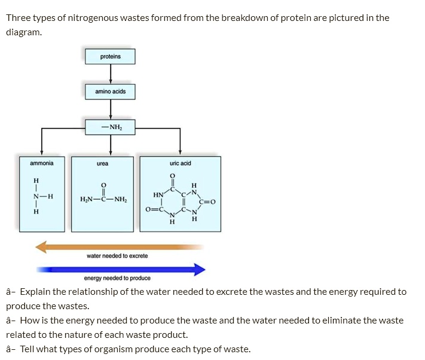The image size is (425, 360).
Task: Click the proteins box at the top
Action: coord(111,56)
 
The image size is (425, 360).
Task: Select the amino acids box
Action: coord(111,91)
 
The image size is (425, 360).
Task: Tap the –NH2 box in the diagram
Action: coord(111,127)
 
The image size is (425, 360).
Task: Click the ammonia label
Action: coord(41,163)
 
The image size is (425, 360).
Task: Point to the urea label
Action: coord(102,163)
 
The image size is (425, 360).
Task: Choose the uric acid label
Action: coord(180,163)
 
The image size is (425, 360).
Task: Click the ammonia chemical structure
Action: coord(40,196)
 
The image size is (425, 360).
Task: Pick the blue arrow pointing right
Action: coord(120,269)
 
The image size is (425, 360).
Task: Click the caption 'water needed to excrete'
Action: coord(117,256)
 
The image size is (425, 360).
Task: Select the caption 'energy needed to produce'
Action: coord(117,278)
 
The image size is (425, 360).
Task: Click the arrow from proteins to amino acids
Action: coord(111,74)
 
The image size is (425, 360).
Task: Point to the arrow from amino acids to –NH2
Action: coord(111,109)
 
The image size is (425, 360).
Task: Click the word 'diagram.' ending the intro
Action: coord(24,32)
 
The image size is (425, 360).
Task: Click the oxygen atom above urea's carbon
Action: coord(103,185)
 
